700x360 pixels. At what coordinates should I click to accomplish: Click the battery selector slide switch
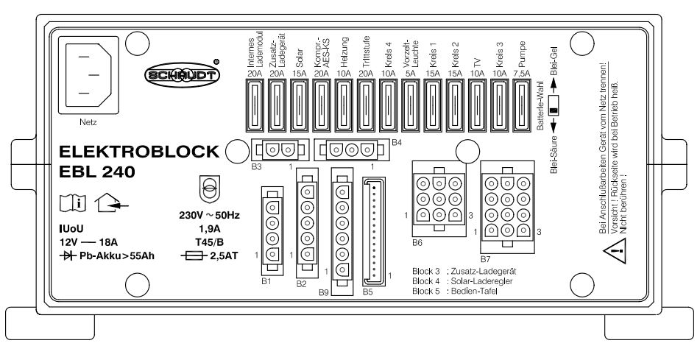click(554, 105)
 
